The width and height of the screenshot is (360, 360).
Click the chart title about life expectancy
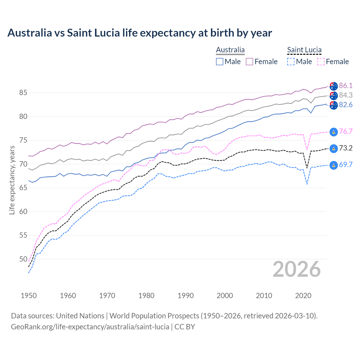pyautogui.click(x=139, y=33)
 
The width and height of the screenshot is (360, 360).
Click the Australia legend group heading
pyautogui.click(x=230, y=50)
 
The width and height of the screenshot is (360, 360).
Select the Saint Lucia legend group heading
pyautogui.click(x=304, y=50)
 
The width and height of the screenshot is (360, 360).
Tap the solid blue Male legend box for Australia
pyautogui.click(x=220, y=62)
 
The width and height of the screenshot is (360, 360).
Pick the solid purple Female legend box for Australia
pyautogui.click(x=249, y=62)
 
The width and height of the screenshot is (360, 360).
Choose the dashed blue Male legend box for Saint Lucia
pyautogui.click(x=291, y=62)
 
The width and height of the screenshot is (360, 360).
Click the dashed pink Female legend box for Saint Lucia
pyautogui.click(x=321, y=62)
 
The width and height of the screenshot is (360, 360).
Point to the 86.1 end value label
pyautogui.click(x=346, y=85)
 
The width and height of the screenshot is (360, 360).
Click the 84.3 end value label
pyautogui.click(x=346, y=95)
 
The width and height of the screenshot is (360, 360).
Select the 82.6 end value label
pyautogui.click(x=346, y=105)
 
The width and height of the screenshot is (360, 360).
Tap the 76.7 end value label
pyautogui.click(x=346, y=131)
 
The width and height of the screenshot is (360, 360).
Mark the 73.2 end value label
pyautogui.click(x=346, y=148)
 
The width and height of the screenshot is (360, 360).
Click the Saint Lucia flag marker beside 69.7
pyautogui.click(x=334, y=165)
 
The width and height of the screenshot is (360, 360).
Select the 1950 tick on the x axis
pyautogui.click(x=29, y=296)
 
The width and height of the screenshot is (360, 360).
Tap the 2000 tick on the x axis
pyautogui.click(x=225, y=296)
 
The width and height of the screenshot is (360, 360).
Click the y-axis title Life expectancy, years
pyautogui.click(x=12, y=180)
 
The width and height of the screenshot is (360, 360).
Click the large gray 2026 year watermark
pyautogui.click(x=296, y=269)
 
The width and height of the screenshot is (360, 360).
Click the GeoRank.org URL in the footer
pyautogui.click(x=90, y=327)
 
